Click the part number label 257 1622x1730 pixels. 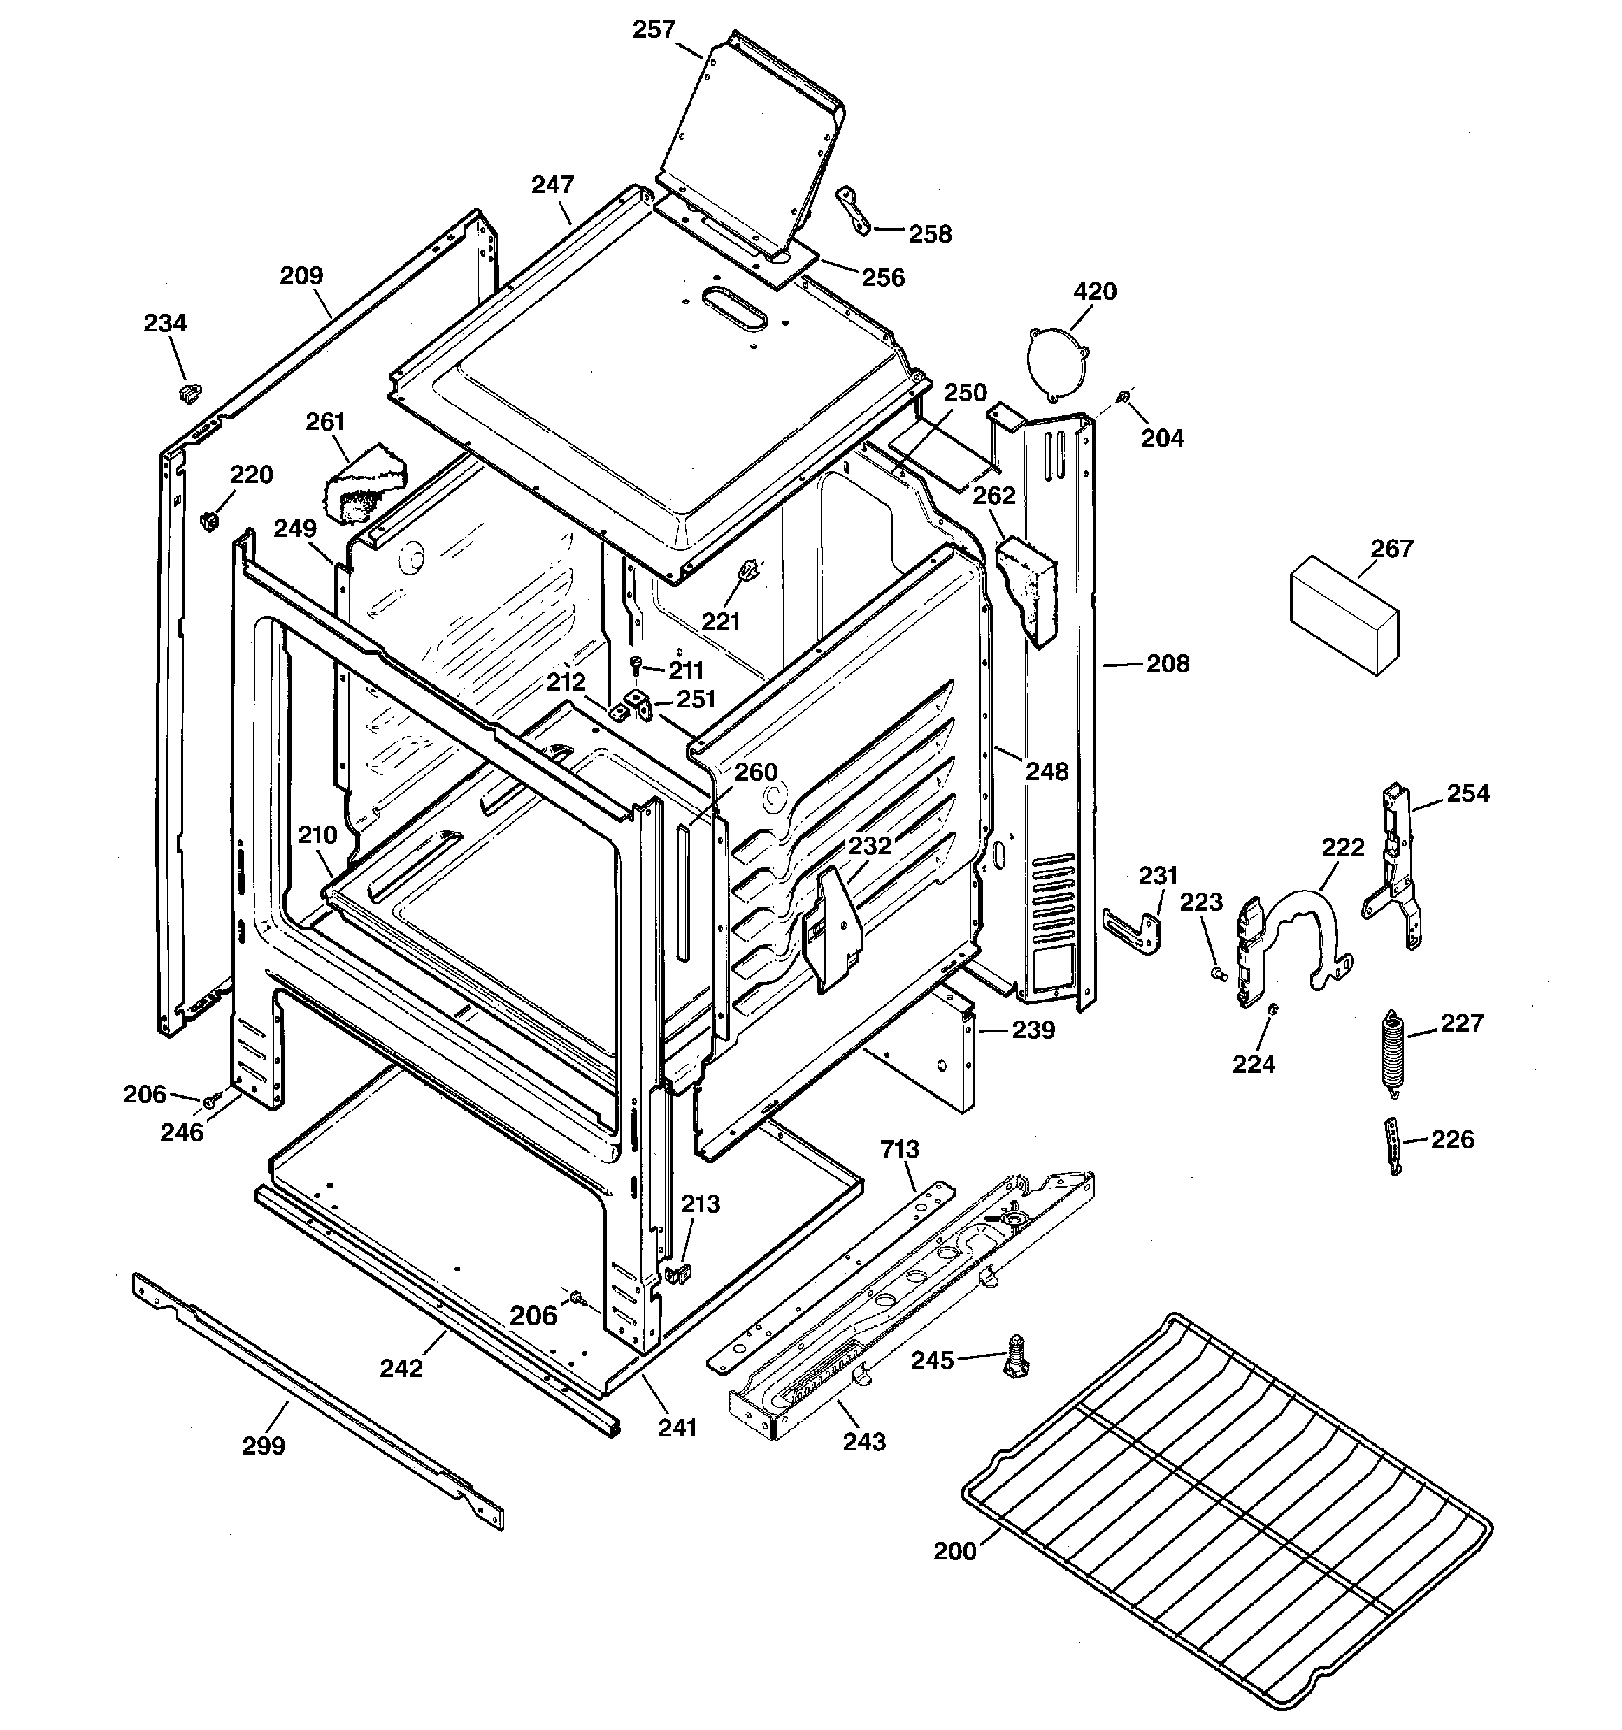click(653, 29)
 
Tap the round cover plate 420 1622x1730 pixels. click(1057, 363)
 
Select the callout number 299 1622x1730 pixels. click(263, 1446)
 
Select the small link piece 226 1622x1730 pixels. click(1393, 1147)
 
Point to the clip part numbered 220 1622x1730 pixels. click(209, 520)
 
